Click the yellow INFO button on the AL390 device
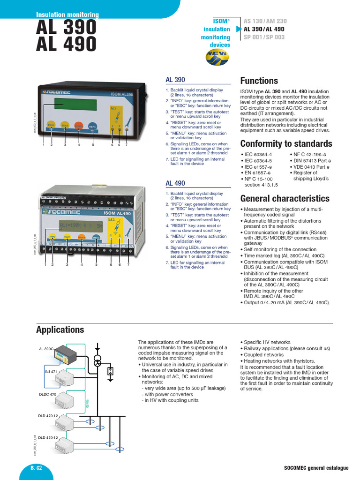51,126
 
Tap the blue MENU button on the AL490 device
97,237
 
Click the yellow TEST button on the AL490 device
67,237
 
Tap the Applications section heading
60,330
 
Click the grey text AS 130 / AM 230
265,21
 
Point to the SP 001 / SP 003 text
264,37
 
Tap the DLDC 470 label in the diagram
47,394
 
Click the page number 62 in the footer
39,468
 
